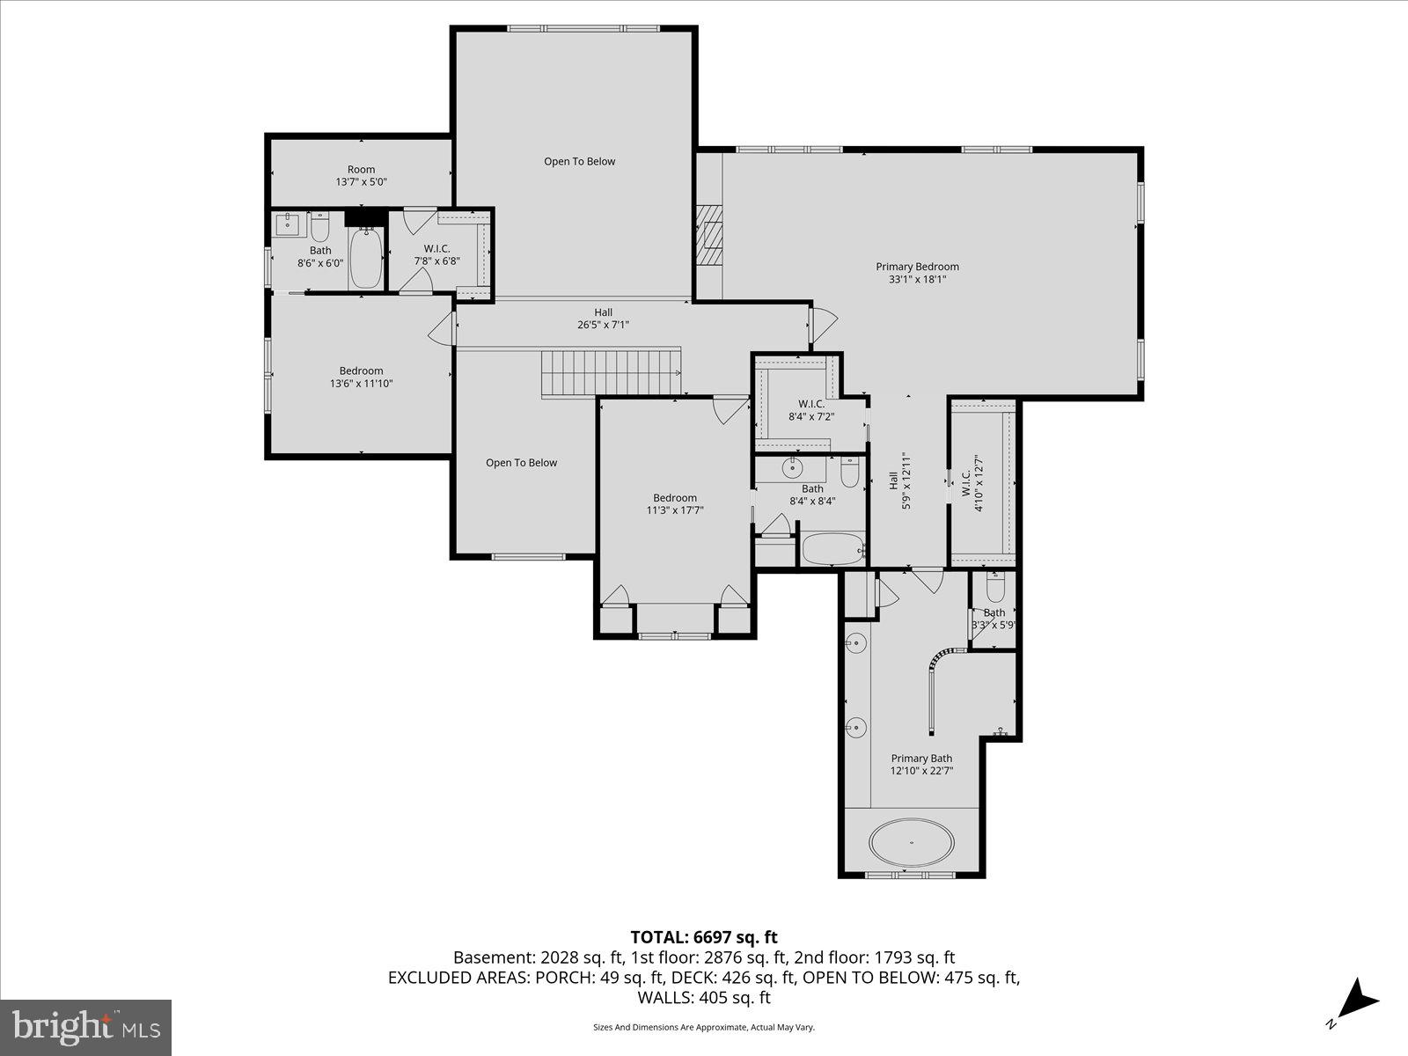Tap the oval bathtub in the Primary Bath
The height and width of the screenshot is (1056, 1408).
(912, 842)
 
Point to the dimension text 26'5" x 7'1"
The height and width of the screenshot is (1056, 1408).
(603, 325)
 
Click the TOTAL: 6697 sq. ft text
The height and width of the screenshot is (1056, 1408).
(704, 937)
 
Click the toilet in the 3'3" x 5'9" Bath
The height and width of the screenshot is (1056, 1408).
(995, 587)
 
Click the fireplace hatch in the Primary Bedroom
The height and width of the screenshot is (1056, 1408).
(708, 234)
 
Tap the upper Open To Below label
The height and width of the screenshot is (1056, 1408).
(579, 162)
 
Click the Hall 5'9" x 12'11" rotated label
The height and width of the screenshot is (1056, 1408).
(898, 480)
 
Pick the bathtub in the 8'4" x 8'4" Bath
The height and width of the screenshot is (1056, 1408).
(832, 548)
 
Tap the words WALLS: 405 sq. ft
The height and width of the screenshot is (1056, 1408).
(704, 997)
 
